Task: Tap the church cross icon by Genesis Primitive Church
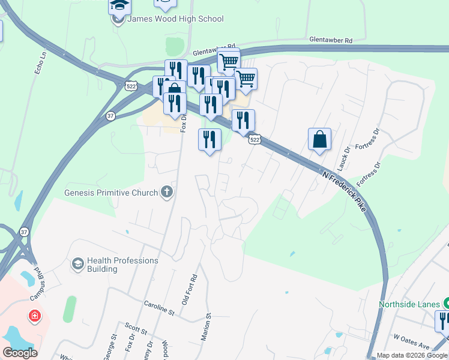(x=167, y=193)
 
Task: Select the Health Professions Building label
(x=122, y=265)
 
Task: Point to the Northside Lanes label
(x=409, y=304)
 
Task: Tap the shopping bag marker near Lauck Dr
(x=320, y=139)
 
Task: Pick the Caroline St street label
(x=158, y=308)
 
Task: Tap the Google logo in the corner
(x=20, y=353)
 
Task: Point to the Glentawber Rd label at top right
(x=330, y=40)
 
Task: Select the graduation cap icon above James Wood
(x=119, y=5)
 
